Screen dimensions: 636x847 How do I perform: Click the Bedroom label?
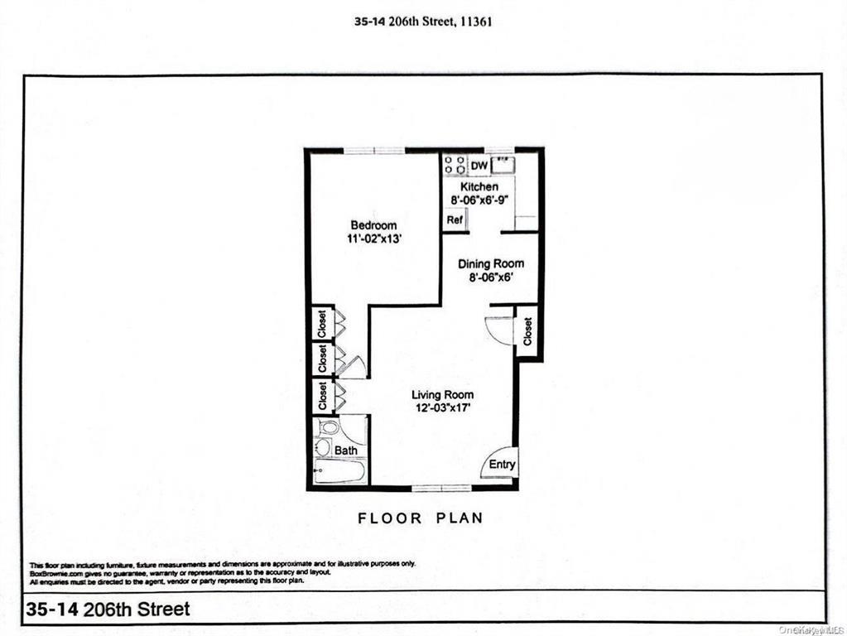click(x=373, y=225)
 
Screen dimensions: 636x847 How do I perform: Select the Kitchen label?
click(x=479, y=187)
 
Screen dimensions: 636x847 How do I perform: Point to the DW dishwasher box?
click(x=479, y=166)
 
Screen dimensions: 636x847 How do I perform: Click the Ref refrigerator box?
click(x=454, y=220)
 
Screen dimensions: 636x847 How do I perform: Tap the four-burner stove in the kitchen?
click(x=455, y=165)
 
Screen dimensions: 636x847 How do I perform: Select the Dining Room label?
click(x=491, y=264)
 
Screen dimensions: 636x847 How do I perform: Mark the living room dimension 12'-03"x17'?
click(x=443, y=407)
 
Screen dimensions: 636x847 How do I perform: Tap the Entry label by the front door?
click(x=502, y=465)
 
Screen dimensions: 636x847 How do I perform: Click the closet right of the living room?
click(x=527, y=332)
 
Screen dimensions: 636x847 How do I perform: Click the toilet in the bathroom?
click(x=328, y=429)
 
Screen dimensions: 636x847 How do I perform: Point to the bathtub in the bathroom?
click(x=339, y=473)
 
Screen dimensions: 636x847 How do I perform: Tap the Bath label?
click(x=346, y=450)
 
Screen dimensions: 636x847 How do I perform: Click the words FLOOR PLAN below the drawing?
click(x=420, y=518)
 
